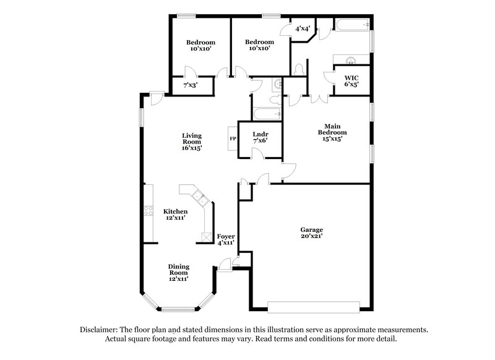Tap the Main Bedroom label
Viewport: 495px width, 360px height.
332,132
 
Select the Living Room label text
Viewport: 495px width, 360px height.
192,142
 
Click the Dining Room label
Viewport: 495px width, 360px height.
179,272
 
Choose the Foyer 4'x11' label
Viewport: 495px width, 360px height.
226,240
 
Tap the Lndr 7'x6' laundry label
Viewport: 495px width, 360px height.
260,137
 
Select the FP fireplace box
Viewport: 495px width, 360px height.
233,139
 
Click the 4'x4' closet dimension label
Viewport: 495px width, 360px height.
303,28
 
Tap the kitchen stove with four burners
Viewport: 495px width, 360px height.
148,211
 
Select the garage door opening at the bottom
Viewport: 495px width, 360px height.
314,305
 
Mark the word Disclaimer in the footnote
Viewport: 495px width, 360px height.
101,330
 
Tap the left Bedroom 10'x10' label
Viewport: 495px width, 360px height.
201,46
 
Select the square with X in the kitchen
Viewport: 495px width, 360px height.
205,237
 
